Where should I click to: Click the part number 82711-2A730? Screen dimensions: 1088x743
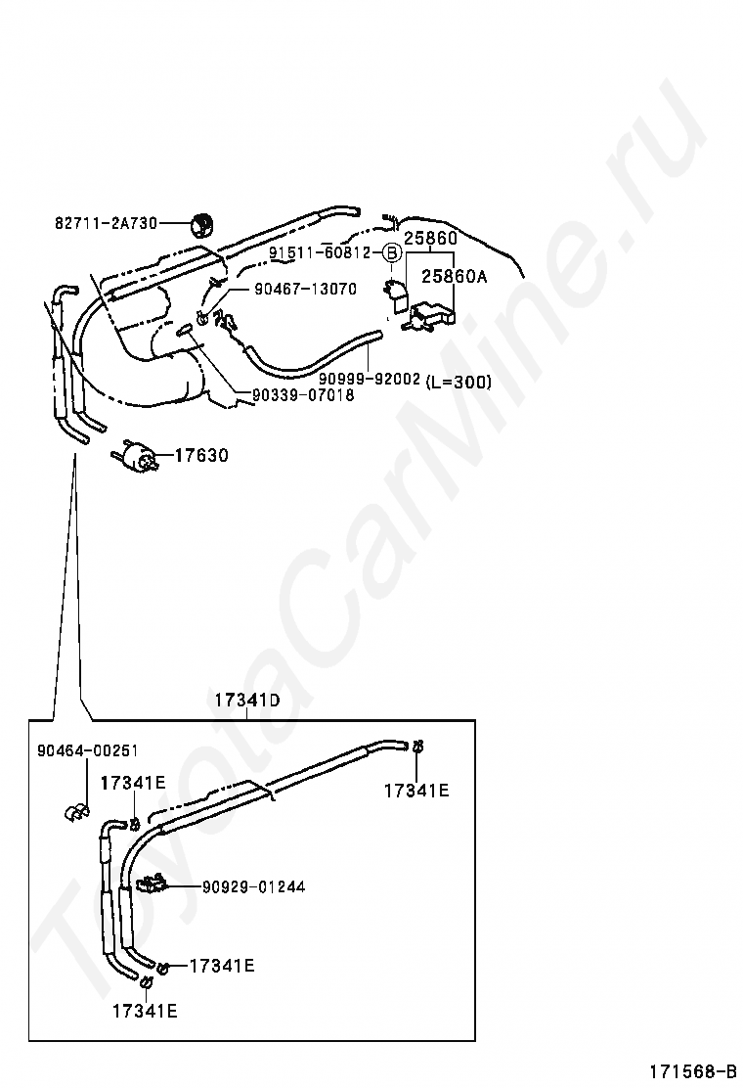(105, 224)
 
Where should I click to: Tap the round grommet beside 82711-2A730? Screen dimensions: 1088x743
(200, 225)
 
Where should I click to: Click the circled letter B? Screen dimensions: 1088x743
(390, 252)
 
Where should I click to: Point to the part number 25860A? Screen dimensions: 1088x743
(454, 277)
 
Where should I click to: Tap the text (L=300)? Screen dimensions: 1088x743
(459, 383)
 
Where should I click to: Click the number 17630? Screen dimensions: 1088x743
(201, 455)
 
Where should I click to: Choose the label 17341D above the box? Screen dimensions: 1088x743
(247, 701)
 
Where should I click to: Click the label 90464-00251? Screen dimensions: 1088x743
(87, 750)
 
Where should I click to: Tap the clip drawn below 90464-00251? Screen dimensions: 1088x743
(74, 811)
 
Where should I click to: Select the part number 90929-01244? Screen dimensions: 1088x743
(253, 886)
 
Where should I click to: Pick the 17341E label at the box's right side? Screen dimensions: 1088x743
(416, 791)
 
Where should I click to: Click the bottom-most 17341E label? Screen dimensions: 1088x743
(145, 1012)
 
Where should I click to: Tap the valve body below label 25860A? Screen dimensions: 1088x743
(430, 315)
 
